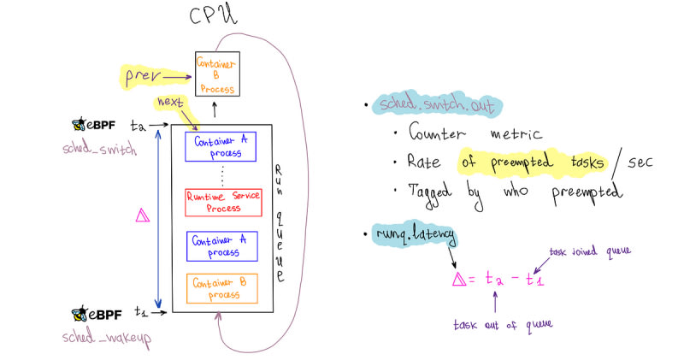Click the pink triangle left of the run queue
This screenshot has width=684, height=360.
(x=142, y=216)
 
